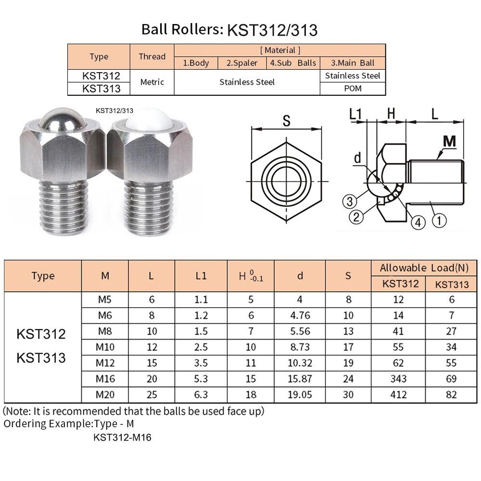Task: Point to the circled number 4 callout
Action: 418,222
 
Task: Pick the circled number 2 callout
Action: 356,217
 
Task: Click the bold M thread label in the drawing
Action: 449,141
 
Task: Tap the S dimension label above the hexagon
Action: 286,121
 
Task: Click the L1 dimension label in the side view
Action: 356,114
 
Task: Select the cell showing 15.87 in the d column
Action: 300,379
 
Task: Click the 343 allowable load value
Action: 399,379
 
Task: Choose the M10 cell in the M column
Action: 105,347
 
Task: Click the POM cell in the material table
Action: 353,89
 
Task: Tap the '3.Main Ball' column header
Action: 353,63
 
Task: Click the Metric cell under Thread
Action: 152,82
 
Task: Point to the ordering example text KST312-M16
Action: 123,438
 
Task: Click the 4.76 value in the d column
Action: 300,316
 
